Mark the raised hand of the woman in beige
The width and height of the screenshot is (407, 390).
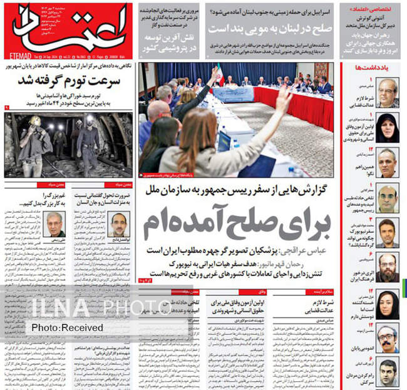[x=283, y=98]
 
